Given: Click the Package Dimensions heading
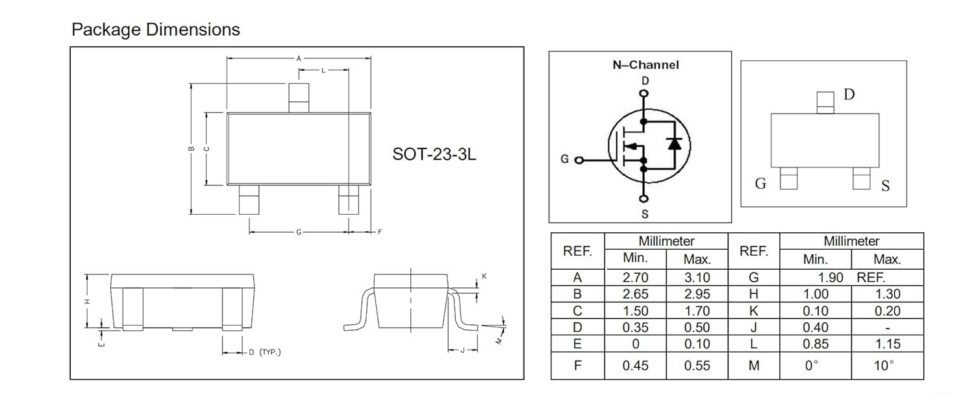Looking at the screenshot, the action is (x=156, y=30).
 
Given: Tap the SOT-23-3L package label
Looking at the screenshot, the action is (x=434, y=154).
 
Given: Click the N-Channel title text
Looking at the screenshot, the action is (x=645, y=65).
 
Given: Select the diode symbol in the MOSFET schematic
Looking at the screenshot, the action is (x=675, y=143).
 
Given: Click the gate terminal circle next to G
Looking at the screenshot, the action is (x=579, y=160).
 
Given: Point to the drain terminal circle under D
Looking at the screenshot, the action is (x=644, y=93).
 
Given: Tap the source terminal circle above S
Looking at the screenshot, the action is (x=644, y=198).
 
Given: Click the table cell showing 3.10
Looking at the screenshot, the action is (x=697, y=277).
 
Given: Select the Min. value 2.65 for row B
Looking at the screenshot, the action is (x=635, y=294).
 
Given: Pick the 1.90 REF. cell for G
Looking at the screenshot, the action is (x=851, y=277).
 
